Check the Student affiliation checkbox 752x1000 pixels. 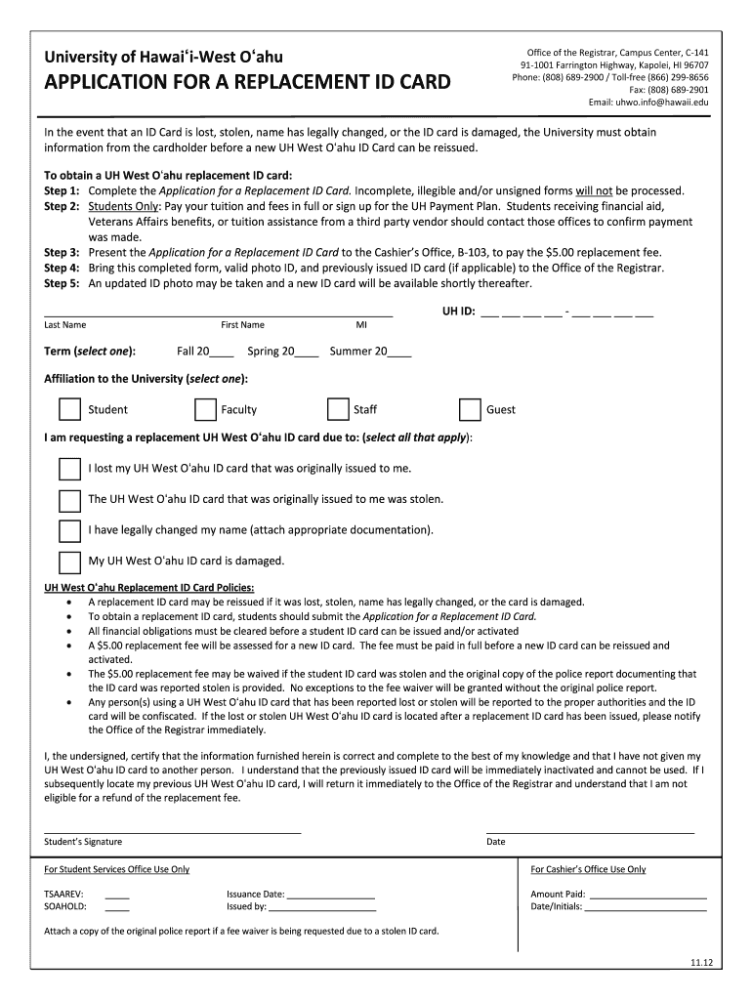click(69, 409)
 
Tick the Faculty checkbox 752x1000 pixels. click(205, 409)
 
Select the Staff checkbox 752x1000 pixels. click(338, 409)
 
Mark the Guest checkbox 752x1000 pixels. click(470, 409)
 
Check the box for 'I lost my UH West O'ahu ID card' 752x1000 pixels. click(69, 469)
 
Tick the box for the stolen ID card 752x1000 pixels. click(69, 500)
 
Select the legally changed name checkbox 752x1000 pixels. click(69, 530)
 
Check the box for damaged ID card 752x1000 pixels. click(69, 562)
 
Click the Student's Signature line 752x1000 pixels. click(172, 828)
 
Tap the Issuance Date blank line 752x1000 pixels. click(331, 895)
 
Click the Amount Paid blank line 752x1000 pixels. click(648, 895)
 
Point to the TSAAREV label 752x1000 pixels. click(63, 894)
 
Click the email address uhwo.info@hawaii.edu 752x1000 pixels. click(648, 102)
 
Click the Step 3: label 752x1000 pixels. click(62, 252)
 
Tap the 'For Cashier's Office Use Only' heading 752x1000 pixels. click(588, 869)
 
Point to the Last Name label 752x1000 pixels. click(64, 325)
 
